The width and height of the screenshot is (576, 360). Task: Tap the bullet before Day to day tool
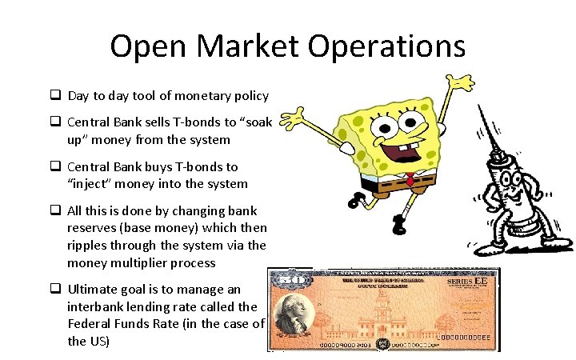click(x=56, y=96)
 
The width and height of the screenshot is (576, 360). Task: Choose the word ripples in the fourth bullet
click(x=89, y=246)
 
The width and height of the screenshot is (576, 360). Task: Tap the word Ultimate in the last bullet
click(x=93, y=289)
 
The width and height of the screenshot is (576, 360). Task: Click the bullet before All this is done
click(x=56, y=211)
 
